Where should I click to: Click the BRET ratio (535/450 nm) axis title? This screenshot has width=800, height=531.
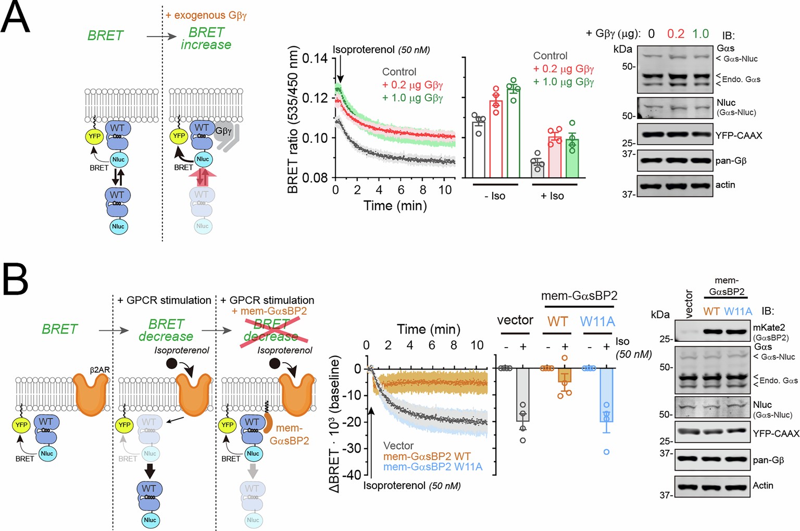pos(293,120)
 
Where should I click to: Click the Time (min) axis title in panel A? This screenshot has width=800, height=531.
pos(395,206)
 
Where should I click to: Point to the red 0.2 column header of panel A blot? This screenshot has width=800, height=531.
pos(676,34)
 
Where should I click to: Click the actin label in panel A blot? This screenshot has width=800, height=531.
pos(725,185)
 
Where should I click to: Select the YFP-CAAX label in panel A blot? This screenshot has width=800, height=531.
pos(738,135)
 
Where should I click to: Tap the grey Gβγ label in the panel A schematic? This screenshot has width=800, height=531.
pos(223,131)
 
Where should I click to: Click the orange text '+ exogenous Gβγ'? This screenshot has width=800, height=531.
pos(206,15)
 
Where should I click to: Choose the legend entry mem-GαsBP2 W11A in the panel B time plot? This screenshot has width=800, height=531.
pos(432,467)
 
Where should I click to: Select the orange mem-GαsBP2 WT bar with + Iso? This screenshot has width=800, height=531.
pos(565,375)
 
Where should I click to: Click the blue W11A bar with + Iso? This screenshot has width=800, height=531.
pos(606,395)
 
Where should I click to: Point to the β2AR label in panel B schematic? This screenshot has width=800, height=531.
pos(99,369)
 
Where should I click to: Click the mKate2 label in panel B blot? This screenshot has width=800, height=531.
pos(769,328)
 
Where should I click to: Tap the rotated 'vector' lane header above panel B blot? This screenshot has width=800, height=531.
pos(689,304)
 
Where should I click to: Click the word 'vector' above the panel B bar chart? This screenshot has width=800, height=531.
pos(515,320)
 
